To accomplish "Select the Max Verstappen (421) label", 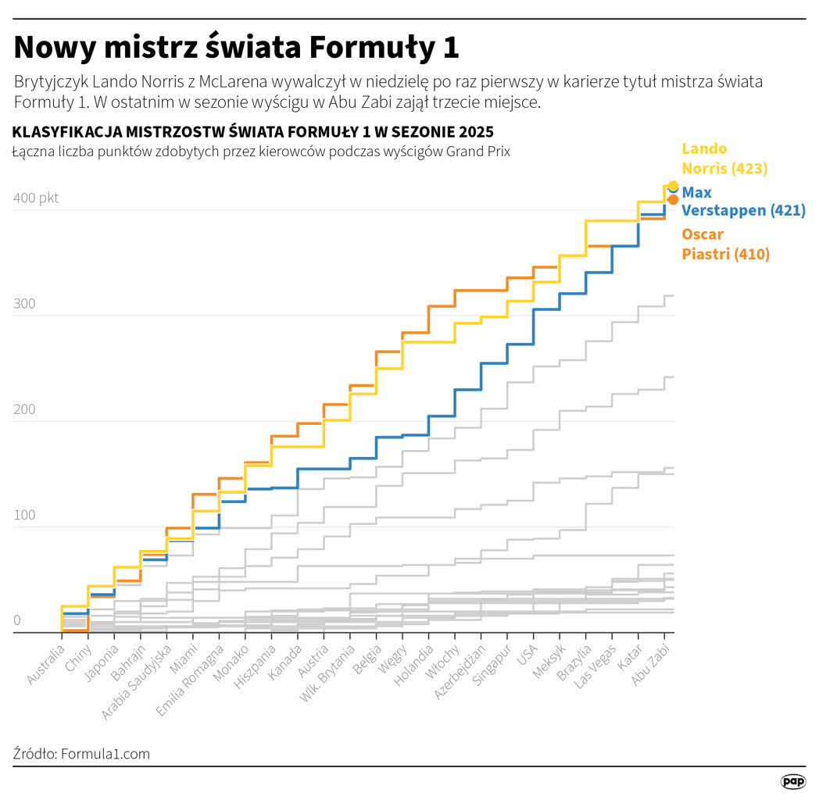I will [x=743, y=201].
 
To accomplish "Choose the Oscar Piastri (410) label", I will [x=725, y=244].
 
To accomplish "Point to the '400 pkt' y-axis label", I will [x=36, y=198].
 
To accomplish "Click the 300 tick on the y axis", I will [x=24, y=303].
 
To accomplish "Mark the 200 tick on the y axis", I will [x=24, y=409].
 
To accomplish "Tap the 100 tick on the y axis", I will [x=24, y=515].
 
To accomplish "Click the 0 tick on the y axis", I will [x=16, y=620].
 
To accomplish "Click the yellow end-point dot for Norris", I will [x=674, y=186].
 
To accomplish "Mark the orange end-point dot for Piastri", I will [x=673, y=200].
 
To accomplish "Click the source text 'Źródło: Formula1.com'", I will [x=81, y=754].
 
